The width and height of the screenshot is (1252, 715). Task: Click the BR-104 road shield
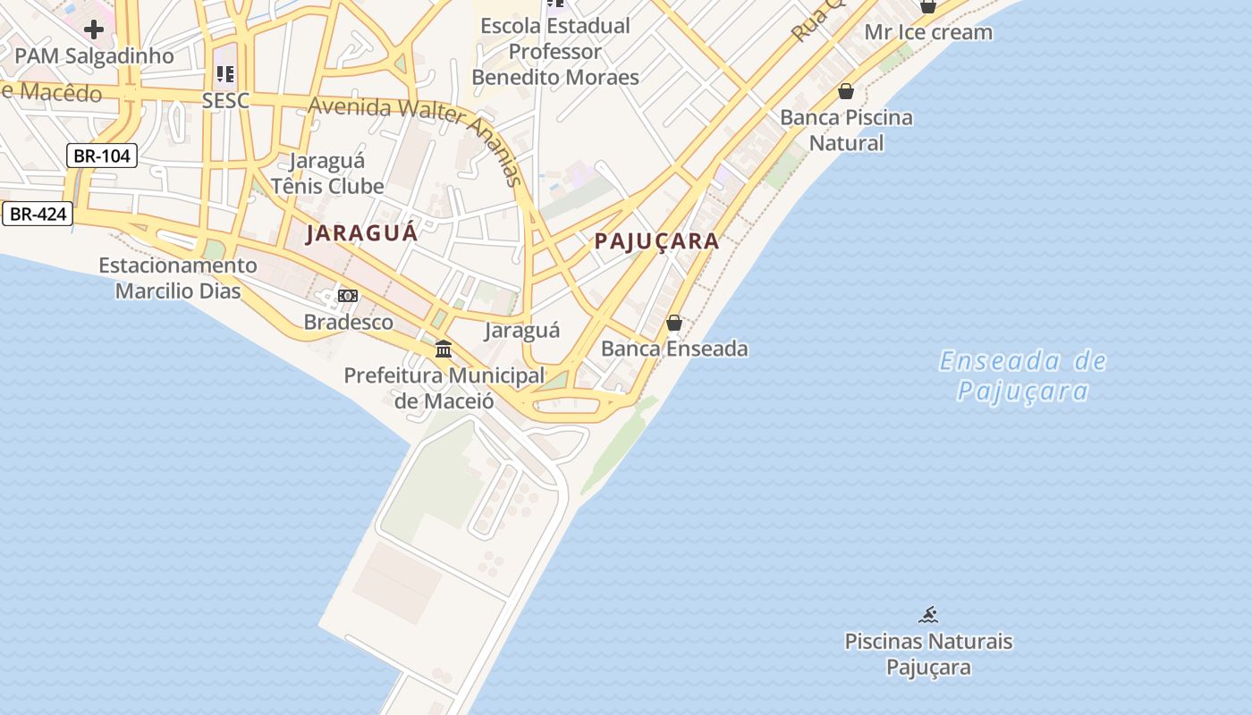102,156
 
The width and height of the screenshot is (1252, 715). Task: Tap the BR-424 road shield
38,214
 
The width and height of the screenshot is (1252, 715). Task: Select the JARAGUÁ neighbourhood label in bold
361,233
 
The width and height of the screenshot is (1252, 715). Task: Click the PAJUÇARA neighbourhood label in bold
656,241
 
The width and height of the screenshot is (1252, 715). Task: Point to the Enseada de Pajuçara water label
1022,376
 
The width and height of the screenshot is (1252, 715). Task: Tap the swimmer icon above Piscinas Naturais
928,615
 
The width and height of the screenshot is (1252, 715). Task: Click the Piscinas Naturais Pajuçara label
928,654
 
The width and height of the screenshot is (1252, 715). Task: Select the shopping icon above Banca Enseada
674,323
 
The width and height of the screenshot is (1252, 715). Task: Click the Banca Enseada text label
674,349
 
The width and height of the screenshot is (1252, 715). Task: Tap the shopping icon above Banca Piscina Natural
846,91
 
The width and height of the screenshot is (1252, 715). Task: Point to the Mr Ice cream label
928,33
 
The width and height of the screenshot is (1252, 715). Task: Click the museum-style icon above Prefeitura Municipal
444,349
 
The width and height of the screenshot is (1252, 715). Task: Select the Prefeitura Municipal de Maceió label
444,388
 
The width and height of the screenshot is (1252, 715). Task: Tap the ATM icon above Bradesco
348,296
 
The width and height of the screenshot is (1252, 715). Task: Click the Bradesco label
349,322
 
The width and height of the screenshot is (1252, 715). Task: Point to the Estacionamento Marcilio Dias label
177,278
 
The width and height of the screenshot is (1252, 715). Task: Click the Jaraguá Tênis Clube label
327,173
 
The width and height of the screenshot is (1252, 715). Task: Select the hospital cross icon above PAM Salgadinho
93,29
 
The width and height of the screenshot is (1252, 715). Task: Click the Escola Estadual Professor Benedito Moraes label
555,52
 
